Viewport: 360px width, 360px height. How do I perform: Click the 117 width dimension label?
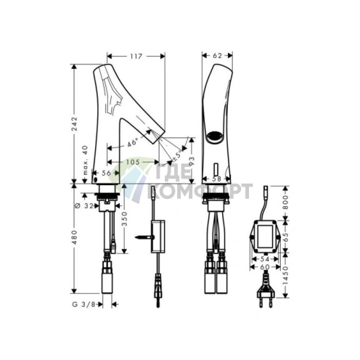[136, 56]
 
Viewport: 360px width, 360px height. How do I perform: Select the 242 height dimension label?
[74, 124]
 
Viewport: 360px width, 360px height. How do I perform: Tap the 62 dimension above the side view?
[217, 56]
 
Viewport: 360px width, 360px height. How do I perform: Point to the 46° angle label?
[132, 143]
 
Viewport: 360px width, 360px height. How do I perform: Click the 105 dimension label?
[134, 162]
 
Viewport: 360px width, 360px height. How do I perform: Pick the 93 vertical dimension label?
[191, 162]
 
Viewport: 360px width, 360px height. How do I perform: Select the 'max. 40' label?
[85, 160]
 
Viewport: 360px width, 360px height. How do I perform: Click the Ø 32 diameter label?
[84, 206]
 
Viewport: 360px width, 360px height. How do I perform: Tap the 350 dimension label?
[124, 218]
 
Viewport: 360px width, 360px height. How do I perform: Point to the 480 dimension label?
[74, 237]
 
